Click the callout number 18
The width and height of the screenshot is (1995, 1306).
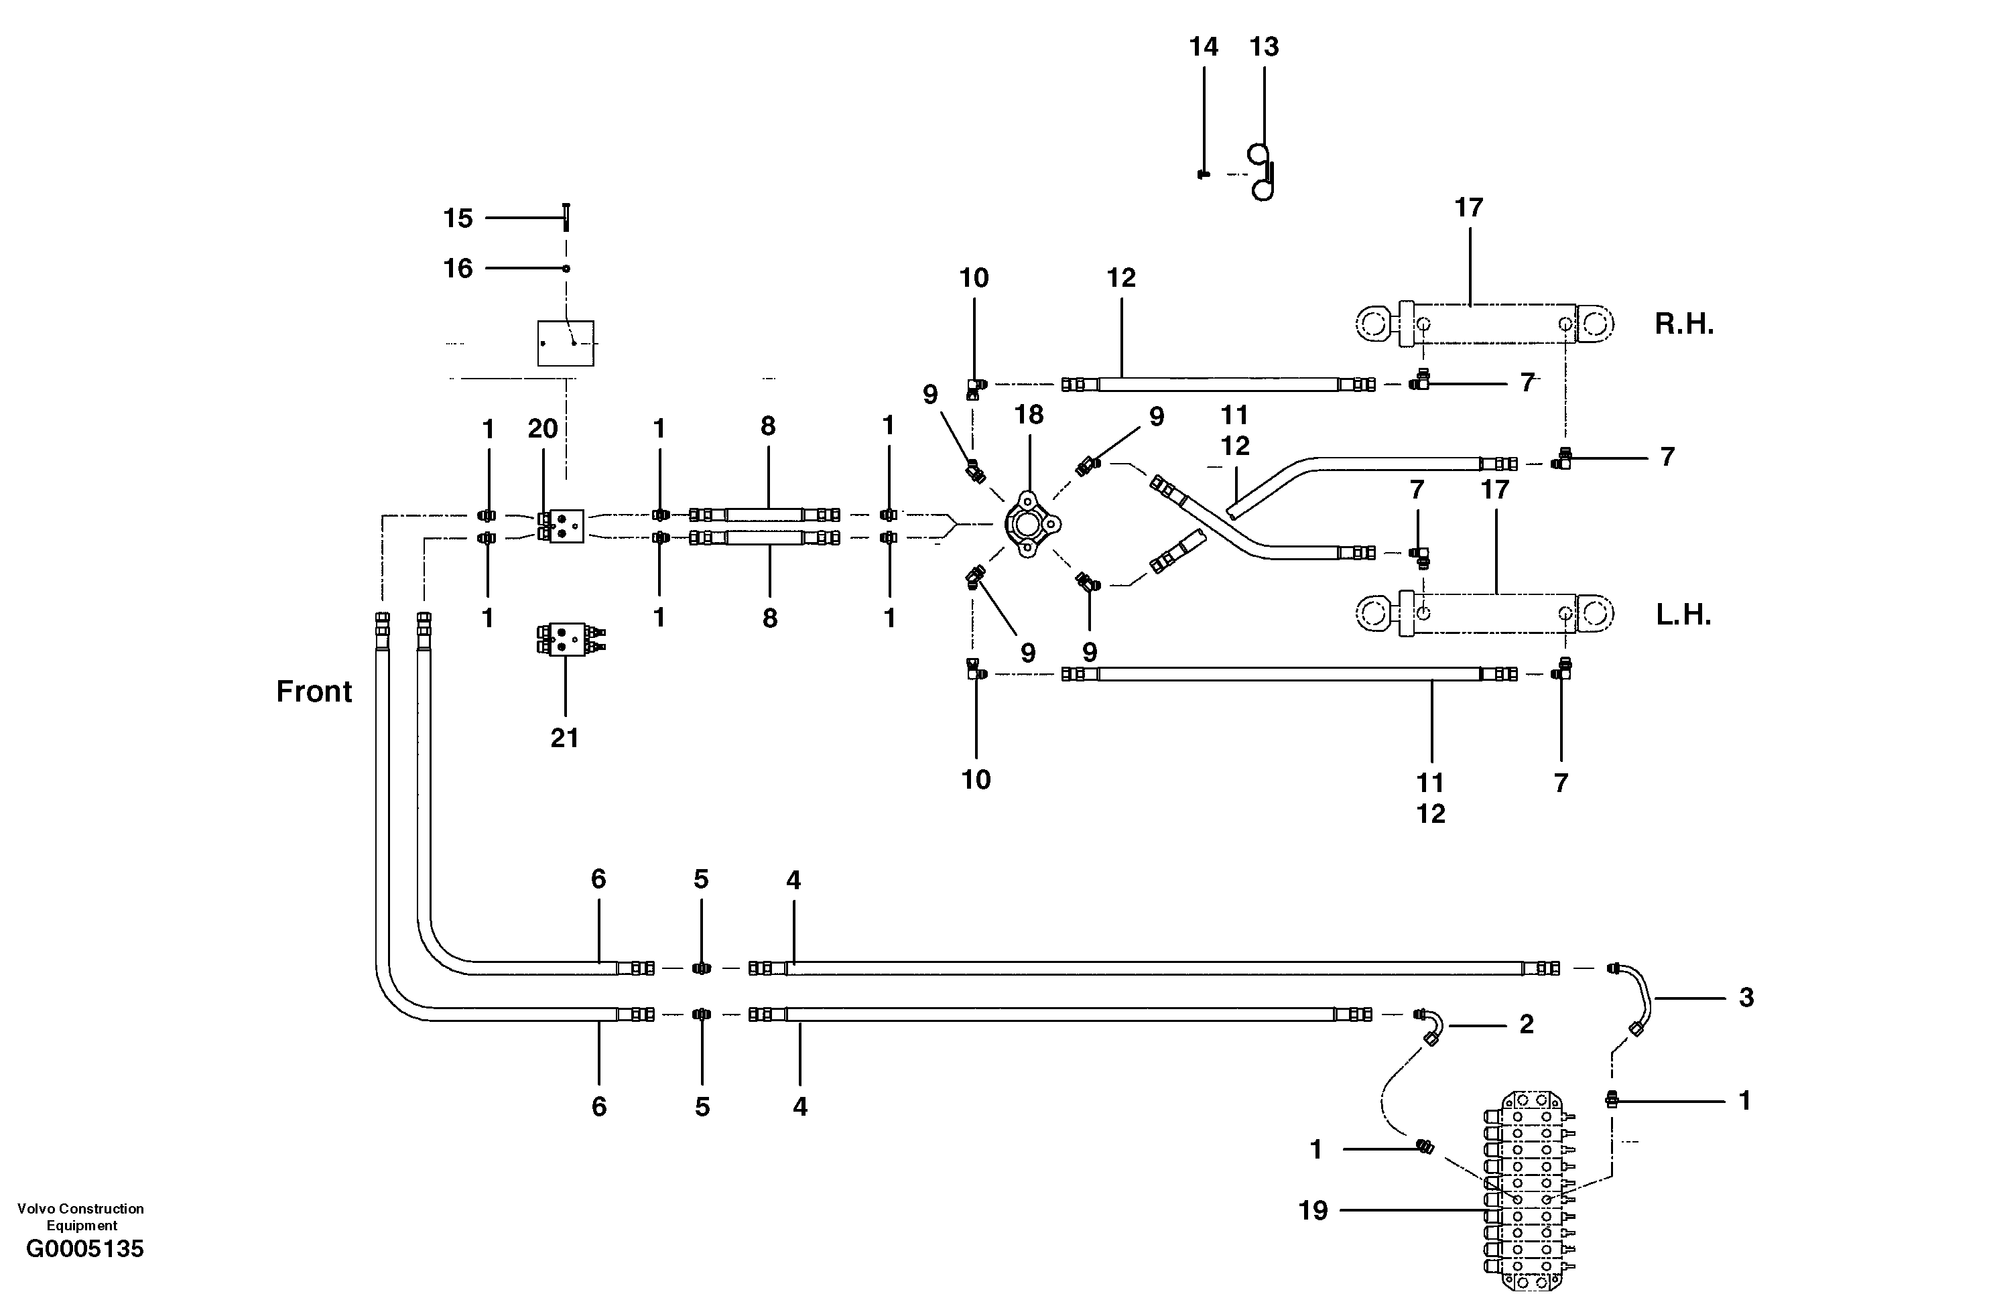tap(1029, 414)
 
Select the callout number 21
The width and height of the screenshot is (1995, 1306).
tap(564, 738)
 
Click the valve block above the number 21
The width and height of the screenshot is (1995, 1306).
tap(568, 639)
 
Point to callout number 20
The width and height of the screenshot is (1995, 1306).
tap(542, 429)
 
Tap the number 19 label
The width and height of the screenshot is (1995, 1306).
tap(1313, 1210)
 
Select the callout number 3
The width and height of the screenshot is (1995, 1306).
tap(1746, 998)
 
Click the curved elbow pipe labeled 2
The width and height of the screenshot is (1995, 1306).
tap(1431, 1026)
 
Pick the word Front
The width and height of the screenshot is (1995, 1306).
tap(314, 692)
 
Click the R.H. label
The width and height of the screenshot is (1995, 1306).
tap(1683, 324)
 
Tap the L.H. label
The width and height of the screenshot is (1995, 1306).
tap(1683, 614)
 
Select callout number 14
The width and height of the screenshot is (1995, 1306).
tap(1203, 47)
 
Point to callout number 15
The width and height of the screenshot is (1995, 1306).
tap(458, 218)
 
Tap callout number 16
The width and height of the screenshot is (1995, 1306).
tap(458, 268)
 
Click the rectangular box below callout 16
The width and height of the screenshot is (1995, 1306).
tap(566, 343)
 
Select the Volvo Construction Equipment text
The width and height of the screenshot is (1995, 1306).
tap(80, 1216)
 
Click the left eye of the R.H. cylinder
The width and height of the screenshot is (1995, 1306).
tap(1374, 324)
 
